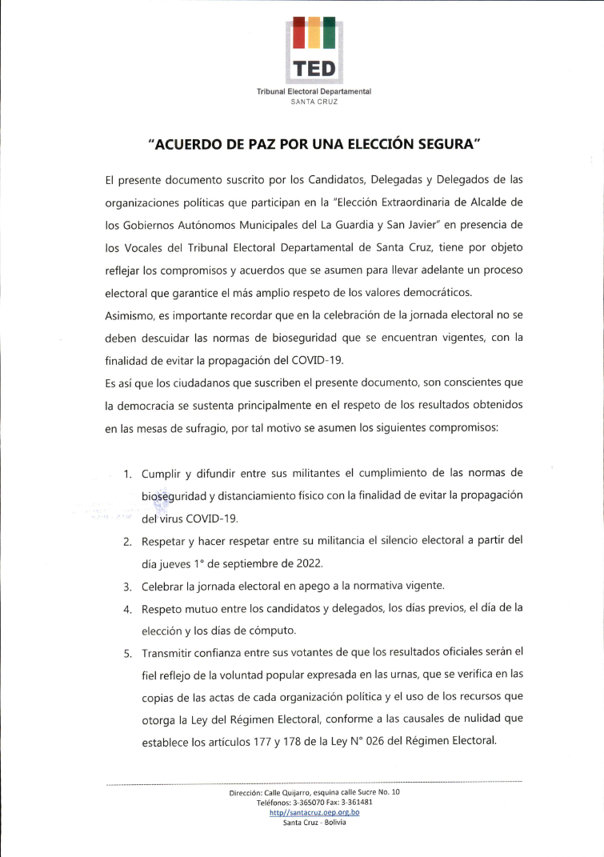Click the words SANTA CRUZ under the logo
[314, 102]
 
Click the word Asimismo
[130, 315]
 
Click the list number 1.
[127, 473]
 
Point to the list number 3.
[127, 587]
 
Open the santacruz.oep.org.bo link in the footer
[314, 812]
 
